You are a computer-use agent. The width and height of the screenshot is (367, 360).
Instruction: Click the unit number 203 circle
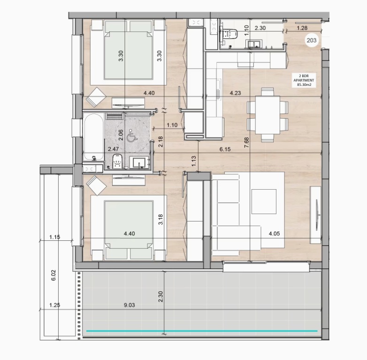coord(312,40)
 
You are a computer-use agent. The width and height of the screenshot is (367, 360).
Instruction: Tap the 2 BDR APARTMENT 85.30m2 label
coord(304,80)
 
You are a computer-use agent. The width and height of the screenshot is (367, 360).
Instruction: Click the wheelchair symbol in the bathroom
coord(131,136)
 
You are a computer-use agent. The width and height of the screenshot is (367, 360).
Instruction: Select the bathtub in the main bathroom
coord(93,137)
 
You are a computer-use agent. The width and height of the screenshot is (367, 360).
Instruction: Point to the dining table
coord(268,115)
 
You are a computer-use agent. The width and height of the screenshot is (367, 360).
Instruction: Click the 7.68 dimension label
coord(246,142)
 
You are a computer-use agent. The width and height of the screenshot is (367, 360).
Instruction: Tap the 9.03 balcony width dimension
coord(129,305)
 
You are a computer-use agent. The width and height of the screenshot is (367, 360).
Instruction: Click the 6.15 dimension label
coord(225,149)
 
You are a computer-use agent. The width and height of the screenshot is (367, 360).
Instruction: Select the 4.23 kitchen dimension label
coord(235,93)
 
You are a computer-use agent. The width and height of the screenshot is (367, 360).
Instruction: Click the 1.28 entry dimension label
coord(302,28)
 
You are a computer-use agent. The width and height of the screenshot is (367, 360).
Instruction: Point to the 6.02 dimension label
coord(54,275)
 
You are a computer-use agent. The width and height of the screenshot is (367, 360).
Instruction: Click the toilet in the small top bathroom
coord(229,33)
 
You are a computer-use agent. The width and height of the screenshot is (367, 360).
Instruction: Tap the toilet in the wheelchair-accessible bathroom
coord(117,161)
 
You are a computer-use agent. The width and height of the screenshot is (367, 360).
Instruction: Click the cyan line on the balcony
coord(202,331)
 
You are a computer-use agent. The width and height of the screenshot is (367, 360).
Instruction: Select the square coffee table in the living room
coord(264,201)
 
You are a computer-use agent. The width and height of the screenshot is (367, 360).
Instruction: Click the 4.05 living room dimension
coord(274,233)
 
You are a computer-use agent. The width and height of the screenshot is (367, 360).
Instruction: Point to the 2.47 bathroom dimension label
coord(113,149)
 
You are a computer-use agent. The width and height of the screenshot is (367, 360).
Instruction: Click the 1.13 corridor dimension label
coord(194,161)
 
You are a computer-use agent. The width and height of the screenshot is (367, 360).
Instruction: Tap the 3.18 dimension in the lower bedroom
coord(161,219)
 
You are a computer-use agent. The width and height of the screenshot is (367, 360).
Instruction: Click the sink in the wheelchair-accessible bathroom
coord(139,162)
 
